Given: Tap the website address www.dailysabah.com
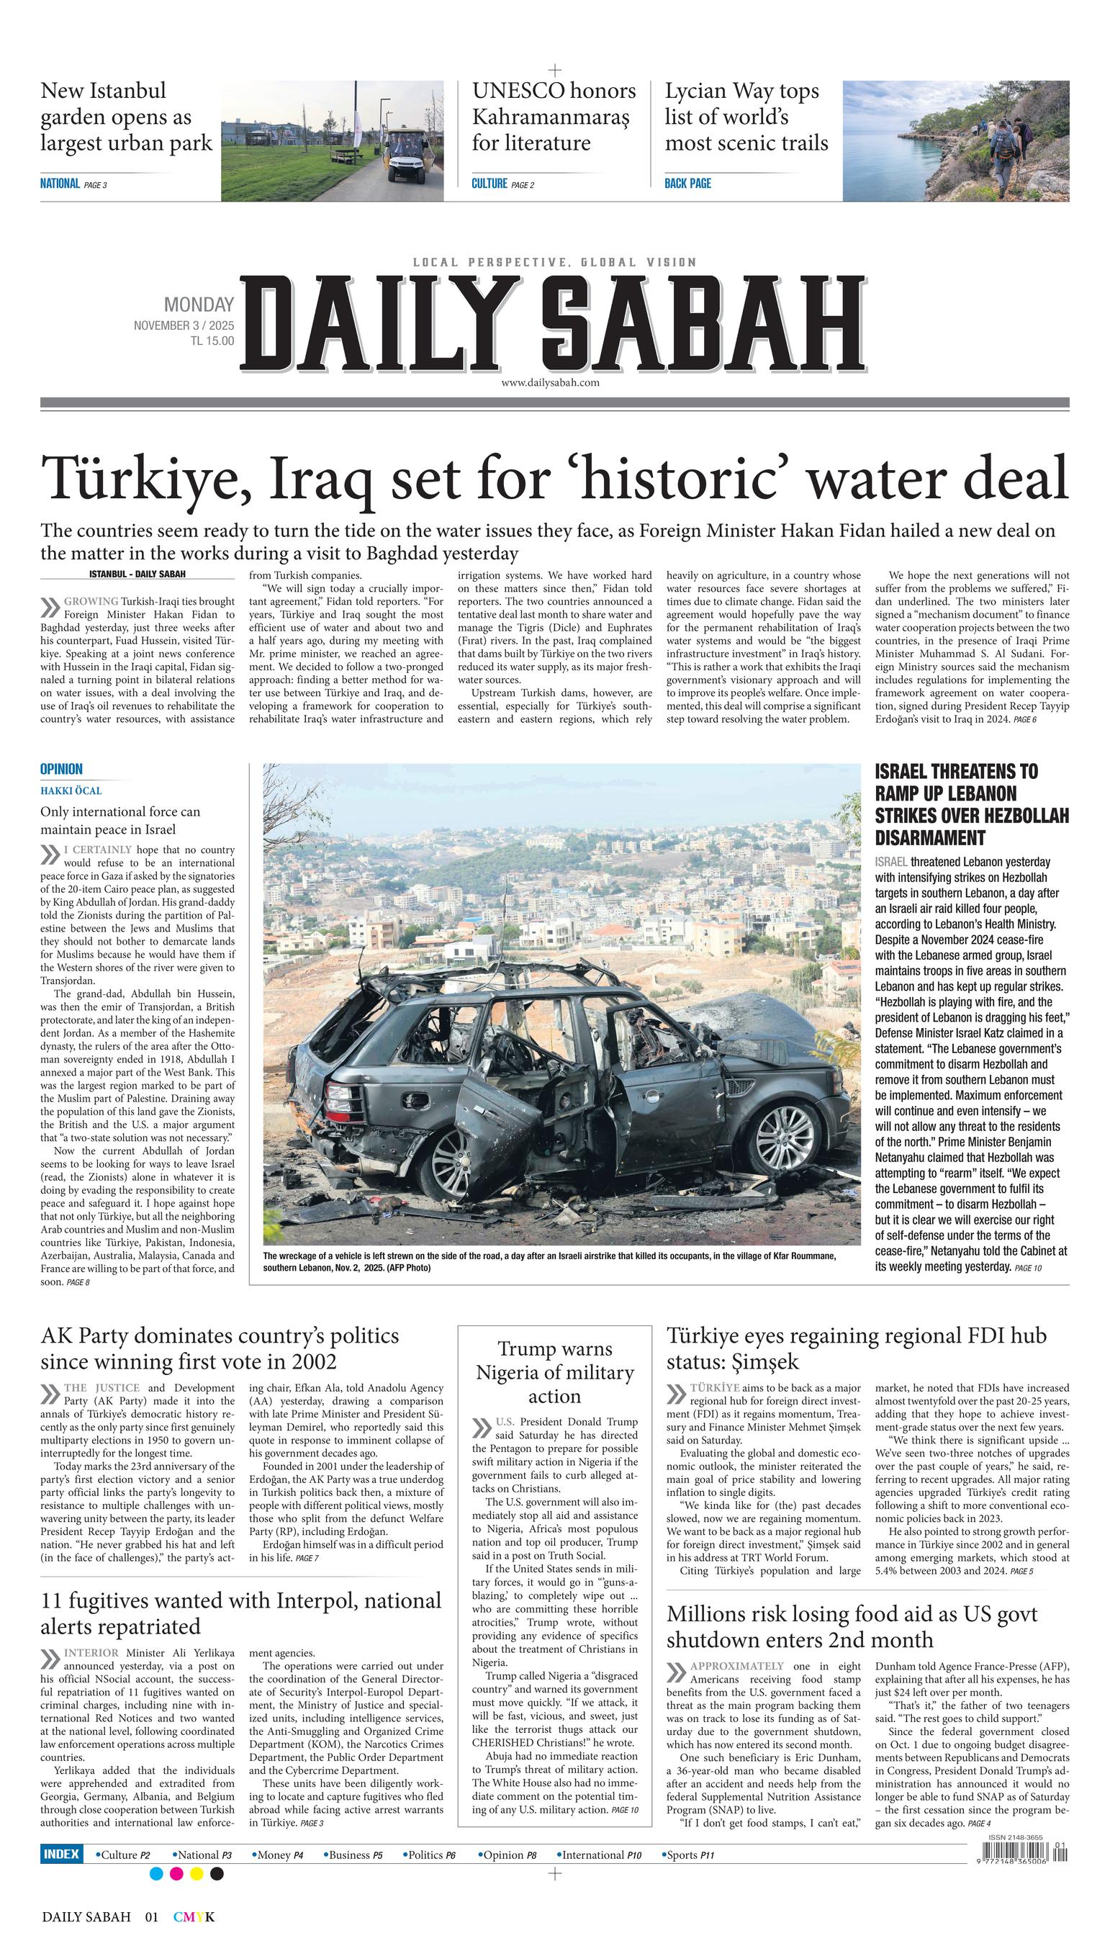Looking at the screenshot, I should (550, 383).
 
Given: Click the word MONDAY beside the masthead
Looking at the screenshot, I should (199, 305).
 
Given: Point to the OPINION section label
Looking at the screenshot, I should (61, 770).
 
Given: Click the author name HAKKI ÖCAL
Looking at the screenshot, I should (71, 790).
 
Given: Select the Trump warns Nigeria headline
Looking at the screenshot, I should (554, 1372).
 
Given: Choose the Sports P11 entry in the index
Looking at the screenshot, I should (689, 1855).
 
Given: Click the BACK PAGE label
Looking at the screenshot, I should (687, 184).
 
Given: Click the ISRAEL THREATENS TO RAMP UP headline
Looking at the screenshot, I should (970, 804).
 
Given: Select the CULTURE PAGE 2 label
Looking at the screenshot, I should (502, 184).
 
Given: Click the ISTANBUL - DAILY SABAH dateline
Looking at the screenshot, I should (137, 574).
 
